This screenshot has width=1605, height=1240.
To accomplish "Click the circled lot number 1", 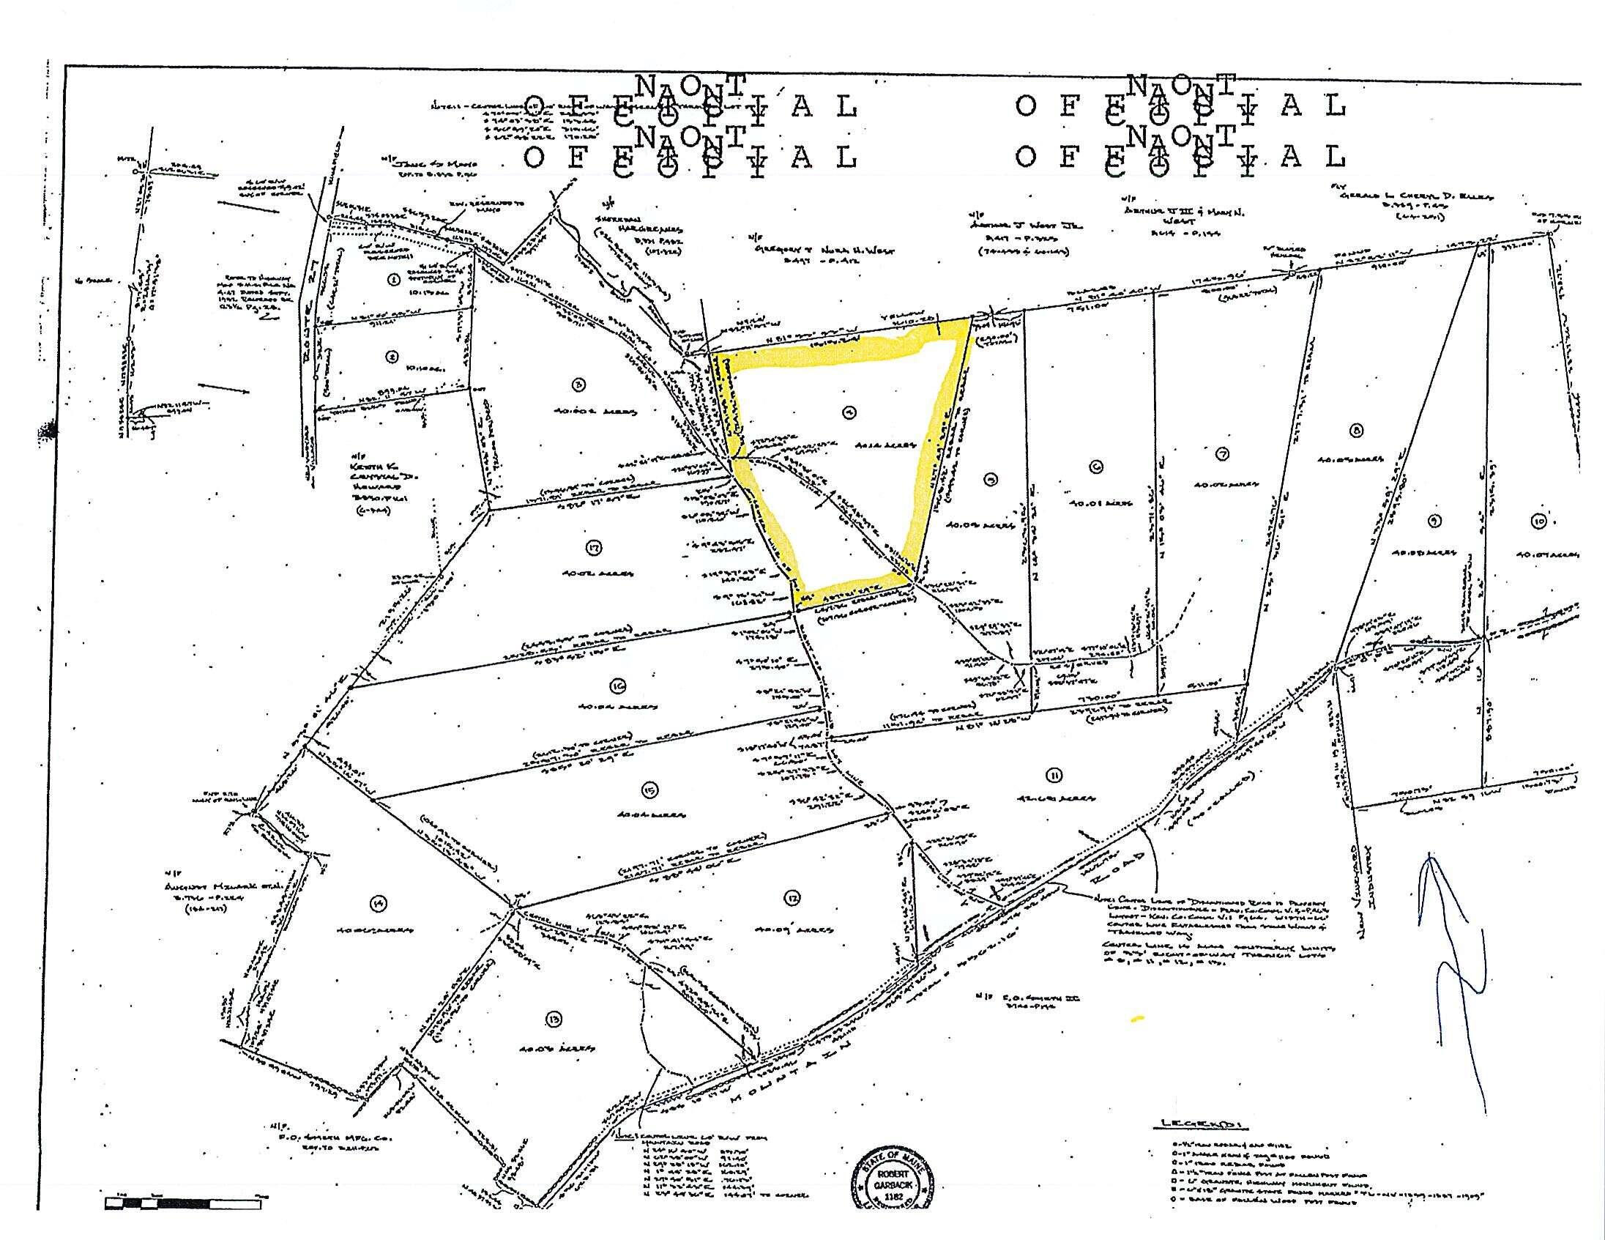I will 395,278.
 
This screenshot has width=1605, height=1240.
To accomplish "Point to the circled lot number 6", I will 1094,464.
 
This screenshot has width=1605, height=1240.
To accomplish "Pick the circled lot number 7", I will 1222,454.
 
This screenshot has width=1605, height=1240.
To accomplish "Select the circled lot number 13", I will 554,1018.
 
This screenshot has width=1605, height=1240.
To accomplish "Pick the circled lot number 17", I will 594,546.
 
